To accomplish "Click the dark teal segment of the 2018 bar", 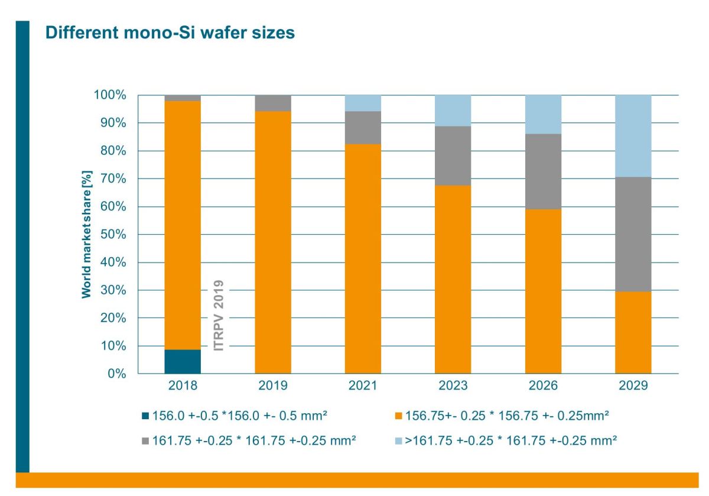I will coord(183,361).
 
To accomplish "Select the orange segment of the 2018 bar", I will coord(183,225).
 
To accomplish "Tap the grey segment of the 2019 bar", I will coord(273,103).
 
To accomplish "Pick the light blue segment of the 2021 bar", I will coord(363,103).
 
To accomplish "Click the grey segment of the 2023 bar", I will coord(453,155).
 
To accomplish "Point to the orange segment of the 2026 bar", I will coord(543,291).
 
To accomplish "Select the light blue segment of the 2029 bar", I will coord(633,135).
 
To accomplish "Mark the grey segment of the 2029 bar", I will coord(633,234).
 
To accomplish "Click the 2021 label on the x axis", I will coord(363,386).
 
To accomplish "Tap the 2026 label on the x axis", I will coord(543,386).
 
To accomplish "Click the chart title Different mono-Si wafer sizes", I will coord(170,33).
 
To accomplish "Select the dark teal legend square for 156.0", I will coord(146,416).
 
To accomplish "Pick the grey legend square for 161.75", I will coord(146,440).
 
